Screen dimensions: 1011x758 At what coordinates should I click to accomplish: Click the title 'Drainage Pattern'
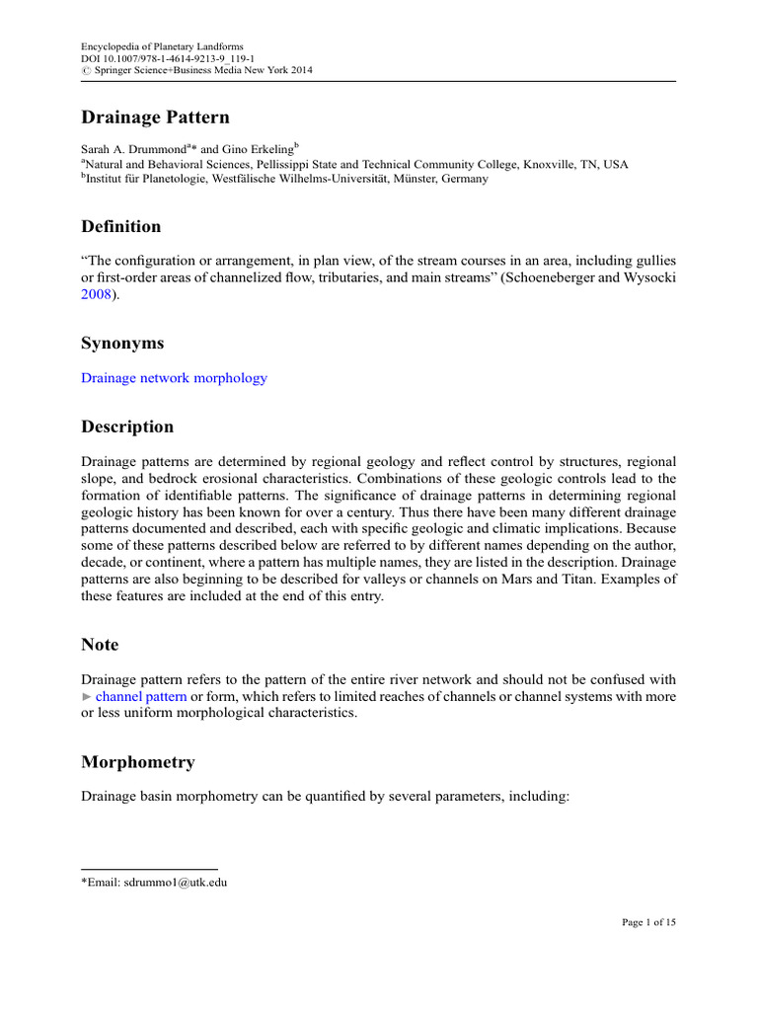point(154,118)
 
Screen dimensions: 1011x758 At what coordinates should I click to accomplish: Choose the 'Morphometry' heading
point(137,762)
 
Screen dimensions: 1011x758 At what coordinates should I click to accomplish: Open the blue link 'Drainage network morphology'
point(174,377)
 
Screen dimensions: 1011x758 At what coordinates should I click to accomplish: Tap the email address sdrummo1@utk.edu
point(177,882)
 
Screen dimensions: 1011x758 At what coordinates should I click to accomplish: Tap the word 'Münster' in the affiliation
point(398,180)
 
